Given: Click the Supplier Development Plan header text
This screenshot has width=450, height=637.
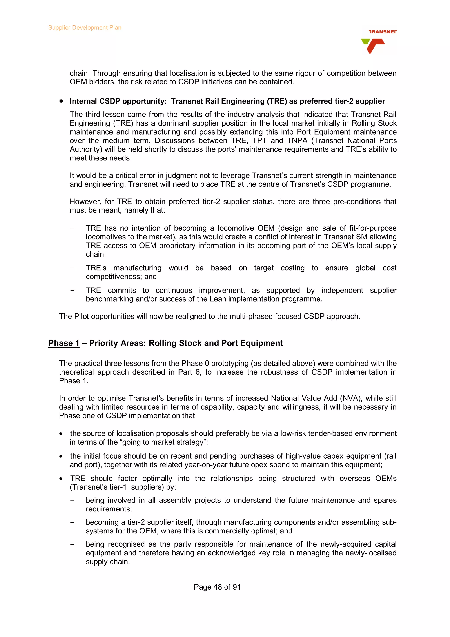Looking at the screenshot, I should point(85,28).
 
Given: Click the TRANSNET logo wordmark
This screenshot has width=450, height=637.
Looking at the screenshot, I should point(382,32).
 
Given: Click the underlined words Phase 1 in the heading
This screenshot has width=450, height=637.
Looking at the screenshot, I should point(64,343).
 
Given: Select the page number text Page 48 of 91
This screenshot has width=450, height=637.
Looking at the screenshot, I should point(217,587).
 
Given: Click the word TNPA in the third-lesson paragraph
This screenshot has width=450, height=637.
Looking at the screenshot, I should point(297,141).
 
